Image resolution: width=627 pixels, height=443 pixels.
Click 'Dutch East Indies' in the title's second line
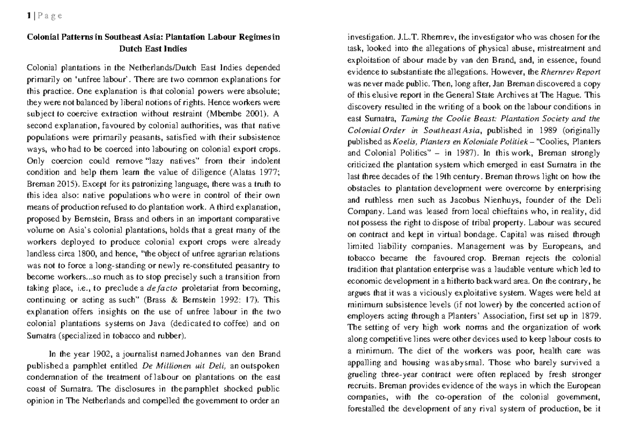[x=153, y=48]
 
